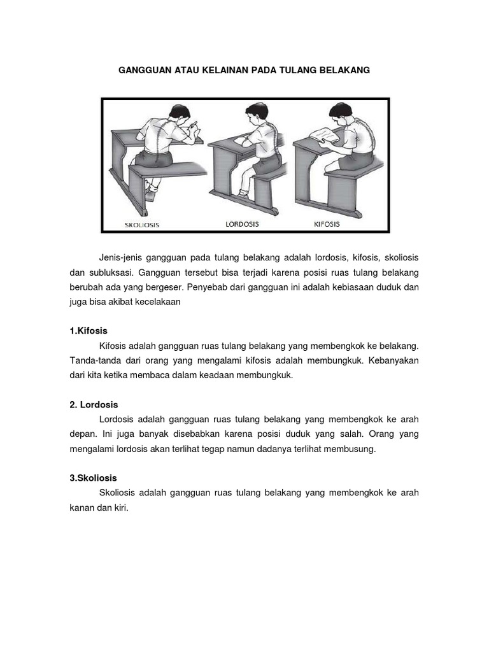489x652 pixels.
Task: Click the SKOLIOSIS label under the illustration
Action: tap(142, 225)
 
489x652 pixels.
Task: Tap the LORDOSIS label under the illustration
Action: tap(243, 224)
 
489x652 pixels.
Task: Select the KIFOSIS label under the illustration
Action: tap(327, 224)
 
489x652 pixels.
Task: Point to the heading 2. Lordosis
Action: tap(94, 404)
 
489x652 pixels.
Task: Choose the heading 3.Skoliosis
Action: tap(94, 478)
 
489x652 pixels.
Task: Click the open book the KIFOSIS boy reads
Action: tap(323, 136)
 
